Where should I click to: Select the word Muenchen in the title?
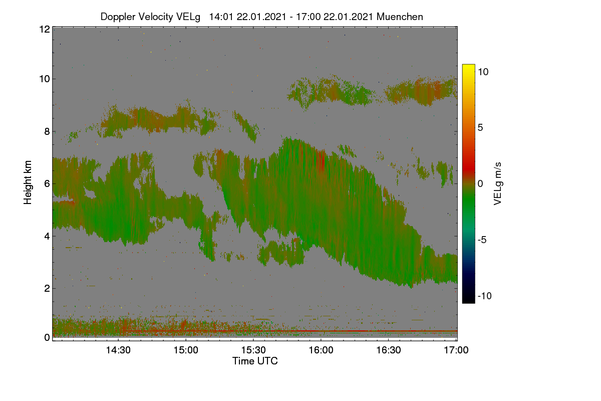coord(400,17)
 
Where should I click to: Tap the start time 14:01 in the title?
coord(221,17)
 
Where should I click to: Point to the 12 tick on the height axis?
coord(45,29)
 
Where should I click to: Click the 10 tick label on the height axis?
coord(45,79)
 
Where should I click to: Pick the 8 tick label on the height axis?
coord(47,132)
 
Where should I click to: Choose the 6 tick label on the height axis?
coord(47,184)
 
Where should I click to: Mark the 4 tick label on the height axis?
coord(47,237)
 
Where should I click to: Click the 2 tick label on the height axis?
coord(47,288)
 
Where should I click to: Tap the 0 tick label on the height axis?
coord(47,337)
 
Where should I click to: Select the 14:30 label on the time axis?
coord(118,350)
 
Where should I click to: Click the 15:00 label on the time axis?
coord(186,350)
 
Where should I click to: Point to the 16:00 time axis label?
coord(321,350)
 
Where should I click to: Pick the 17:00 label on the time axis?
coord(456,350)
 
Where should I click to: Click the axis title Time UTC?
coord(255,361)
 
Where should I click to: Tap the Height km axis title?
coord(28,182)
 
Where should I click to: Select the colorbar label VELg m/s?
coord(497,184)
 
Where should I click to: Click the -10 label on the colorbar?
coord(485,296)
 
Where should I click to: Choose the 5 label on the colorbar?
coord(480,128)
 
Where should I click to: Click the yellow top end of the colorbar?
coord(468,65)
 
